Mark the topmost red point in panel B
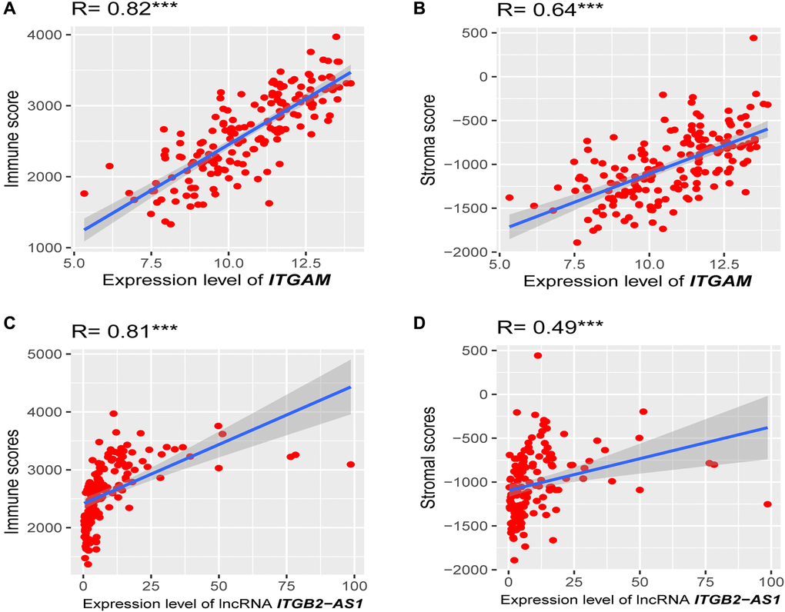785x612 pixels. (753, 38)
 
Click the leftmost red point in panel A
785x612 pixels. (84, 194)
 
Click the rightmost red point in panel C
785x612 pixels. (351, 464)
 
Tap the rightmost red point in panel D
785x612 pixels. (767, 504)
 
